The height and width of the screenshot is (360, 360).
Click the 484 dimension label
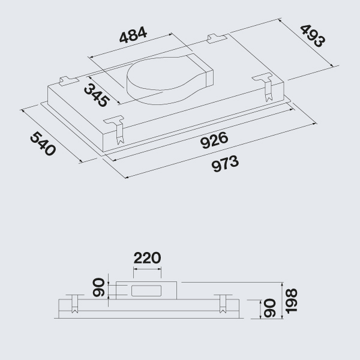[133, 35]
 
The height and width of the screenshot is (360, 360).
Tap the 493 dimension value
[313, 36]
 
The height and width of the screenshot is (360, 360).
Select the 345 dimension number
[96, 95]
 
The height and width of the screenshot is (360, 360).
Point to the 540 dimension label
[43, 143]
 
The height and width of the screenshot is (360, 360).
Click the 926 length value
[214, 140]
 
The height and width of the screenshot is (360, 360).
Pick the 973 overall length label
[225, 163]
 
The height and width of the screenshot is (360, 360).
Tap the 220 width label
[147, 258]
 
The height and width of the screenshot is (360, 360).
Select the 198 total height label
[291, 301]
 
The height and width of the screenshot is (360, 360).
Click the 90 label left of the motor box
[99, 287]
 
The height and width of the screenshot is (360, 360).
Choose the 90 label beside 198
[269, 308]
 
